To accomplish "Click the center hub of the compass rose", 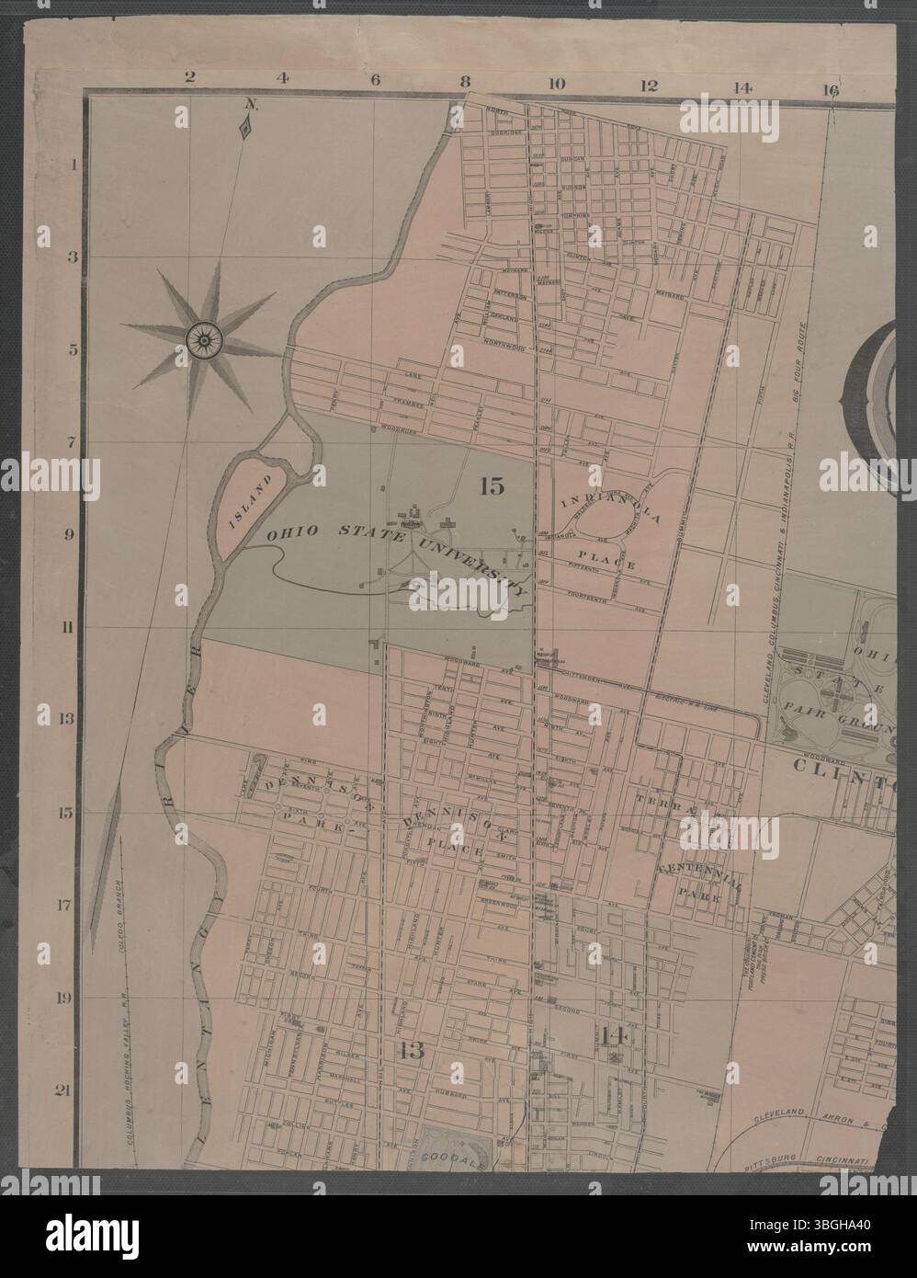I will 200,337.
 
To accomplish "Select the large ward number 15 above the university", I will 492,486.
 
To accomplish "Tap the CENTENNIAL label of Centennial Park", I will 699,870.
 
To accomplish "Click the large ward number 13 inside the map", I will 411,1051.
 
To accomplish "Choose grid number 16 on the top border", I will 832,89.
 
